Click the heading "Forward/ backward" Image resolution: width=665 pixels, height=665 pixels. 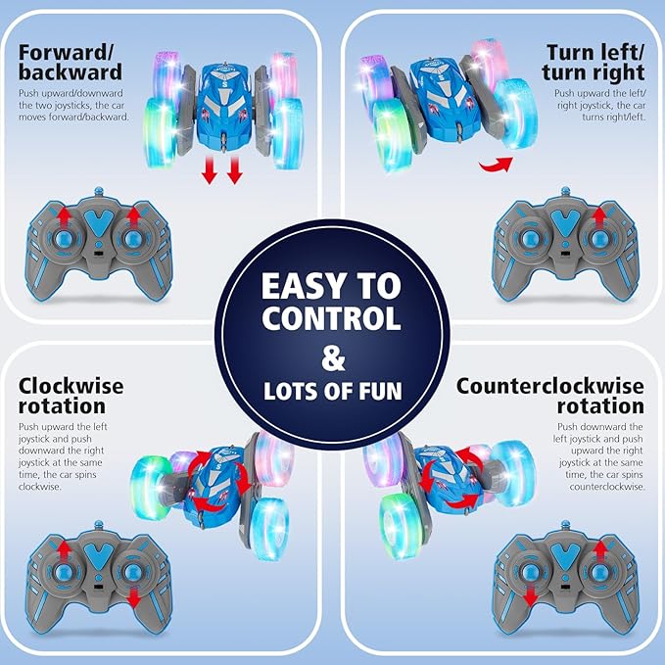[69, 63]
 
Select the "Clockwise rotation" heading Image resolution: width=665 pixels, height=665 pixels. [71, 395]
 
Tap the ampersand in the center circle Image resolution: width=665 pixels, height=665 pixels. [332, 356]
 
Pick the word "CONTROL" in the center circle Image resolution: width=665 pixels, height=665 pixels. [331, 319]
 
